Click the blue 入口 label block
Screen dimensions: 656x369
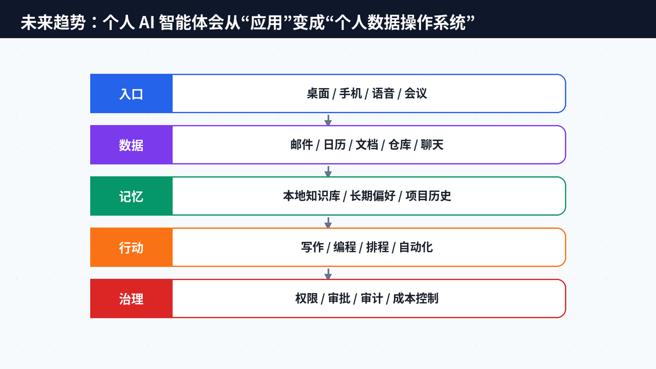point(131,93)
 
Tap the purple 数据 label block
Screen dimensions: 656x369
point(131,145)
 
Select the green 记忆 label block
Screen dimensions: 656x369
point(131,196)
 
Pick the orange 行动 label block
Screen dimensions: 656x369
point(131,247)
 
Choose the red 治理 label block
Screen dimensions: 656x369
point(131,298)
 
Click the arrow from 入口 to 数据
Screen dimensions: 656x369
point(328,120)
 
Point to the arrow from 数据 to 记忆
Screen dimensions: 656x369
point(328,171)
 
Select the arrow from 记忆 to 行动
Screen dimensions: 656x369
point(328,222)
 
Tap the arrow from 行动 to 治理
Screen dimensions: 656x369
point(328,274)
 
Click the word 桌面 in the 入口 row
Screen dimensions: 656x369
point(318,93)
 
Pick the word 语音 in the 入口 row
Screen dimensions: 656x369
point(383,93)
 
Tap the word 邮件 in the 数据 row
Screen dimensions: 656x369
point(302,145)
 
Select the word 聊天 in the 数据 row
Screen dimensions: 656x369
point(432,145)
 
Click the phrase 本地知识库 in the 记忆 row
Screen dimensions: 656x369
point(312,196)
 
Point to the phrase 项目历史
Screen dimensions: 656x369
point(428,196)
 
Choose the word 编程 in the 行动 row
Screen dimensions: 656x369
point(345,248)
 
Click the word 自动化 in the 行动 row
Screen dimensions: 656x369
point(416,248)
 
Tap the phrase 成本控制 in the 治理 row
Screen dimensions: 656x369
point(415,298)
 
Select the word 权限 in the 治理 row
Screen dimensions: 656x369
point(307,298)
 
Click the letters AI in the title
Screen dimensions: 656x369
point(147,22)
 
